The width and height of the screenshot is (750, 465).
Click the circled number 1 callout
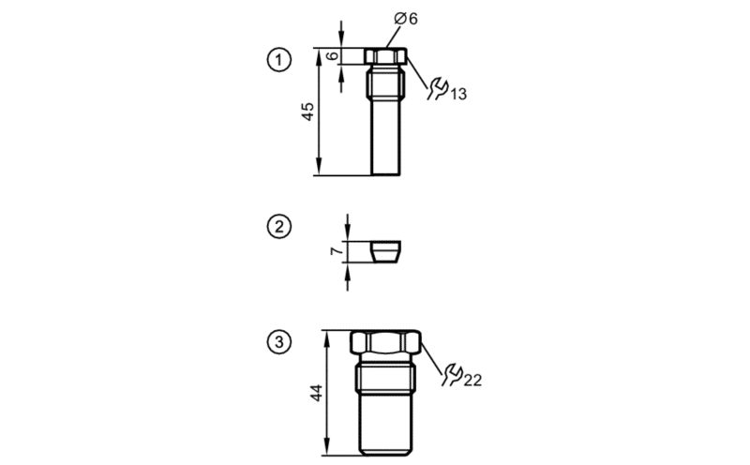click(x=278, y=60)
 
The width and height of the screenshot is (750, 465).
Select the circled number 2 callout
click(x=278, y=226)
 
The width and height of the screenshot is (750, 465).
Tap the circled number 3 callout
click(x=278, y=342)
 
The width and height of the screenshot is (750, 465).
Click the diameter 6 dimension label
click(x=406, y=19)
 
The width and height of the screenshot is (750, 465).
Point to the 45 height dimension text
click(x=308, y=112)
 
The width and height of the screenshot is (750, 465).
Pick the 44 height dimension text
click(x=317, y=393)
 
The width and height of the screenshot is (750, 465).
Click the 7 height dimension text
click(x=337, y=250)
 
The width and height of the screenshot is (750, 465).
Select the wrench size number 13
click(x=457, y=94)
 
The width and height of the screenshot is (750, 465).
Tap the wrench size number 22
click(x=472, y=380)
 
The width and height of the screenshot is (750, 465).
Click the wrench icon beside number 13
click(x=437, y=89)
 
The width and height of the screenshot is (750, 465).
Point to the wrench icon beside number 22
click(x=452, y=375)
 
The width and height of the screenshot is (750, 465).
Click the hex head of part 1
click(x=386, y=56)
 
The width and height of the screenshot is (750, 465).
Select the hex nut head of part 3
click(x=385, y=342)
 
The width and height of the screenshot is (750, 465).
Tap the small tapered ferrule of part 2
click(x=385, y=251)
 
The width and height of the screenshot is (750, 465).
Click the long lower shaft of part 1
click(x=385, y=137)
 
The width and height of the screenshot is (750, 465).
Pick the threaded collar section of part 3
click(x=385, y=378)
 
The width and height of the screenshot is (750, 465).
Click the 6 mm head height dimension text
click(x=334, y=55)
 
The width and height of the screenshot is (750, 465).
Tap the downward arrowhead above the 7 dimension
click(x=347, y=234)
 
